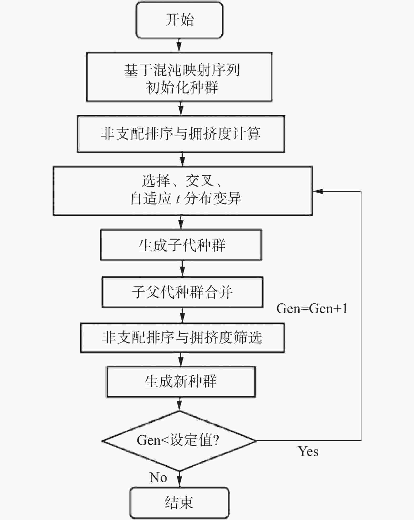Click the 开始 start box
click(x=179, y=20)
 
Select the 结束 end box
click(x=179, y=503)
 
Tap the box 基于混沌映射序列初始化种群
click(x=179, y=77)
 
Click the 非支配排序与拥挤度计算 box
click(x=181, y=134)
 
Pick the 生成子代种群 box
click(x=181, y=245)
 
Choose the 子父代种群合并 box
click(x=182, y=292)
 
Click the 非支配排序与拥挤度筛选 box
click(x=182, y=338)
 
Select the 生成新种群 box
click(x=181, y=382)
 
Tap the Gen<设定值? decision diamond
click(x=179, y=441)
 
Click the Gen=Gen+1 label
click(x=312, y=308)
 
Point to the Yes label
click(x=308, y=451)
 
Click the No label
click(x=158, y=477)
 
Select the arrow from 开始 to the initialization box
click(x=179, y=45)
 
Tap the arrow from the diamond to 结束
click(x=179, y=479)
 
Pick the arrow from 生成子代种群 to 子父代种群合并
click(x=182, y=268)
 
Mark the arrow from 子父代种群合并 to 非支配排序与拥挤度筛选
click(x=182, y=315)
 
